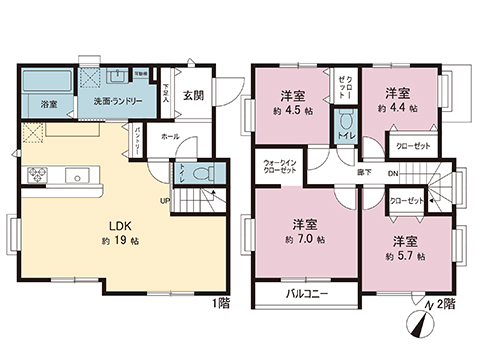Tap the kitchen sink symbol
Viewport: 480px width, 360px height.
click(76, 176)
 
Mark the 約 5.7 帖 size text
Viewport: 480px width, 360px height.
click(406, 256)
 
